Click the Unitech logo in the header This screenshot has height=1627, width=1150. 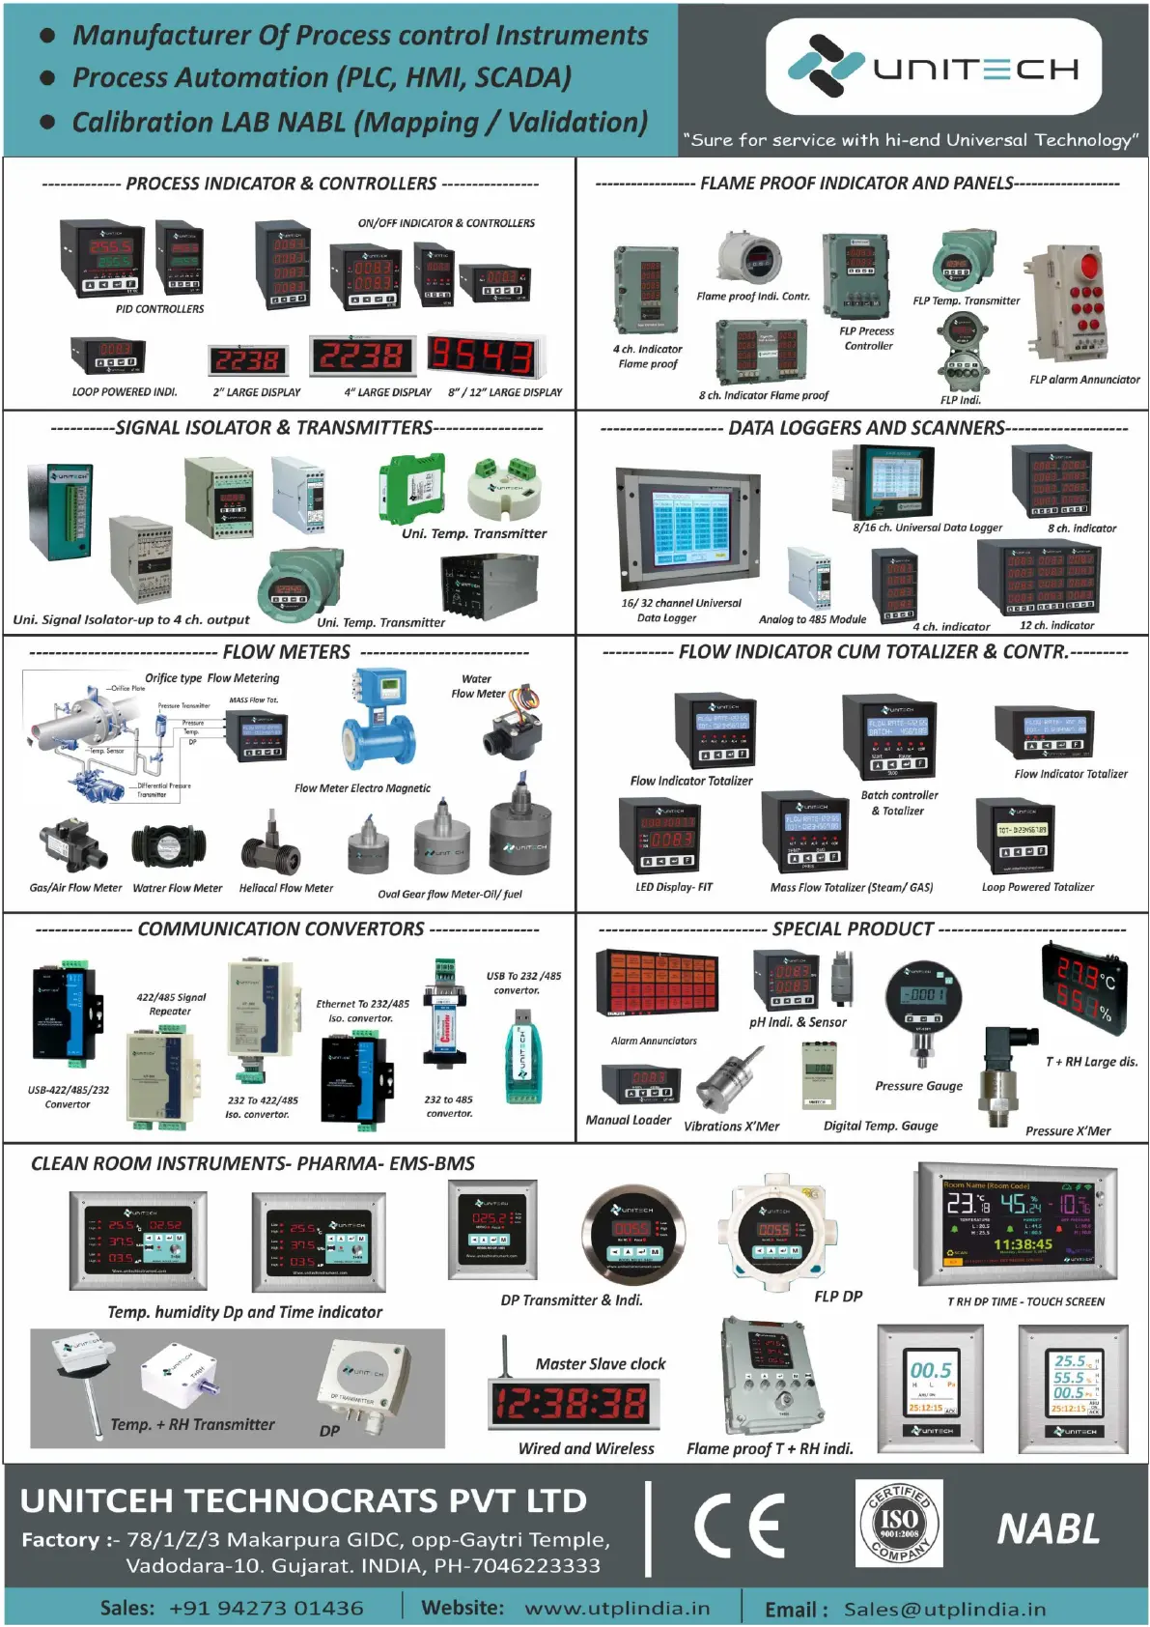click(933, 67)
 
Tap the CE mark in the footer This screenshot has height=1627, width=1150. click(739, 1526)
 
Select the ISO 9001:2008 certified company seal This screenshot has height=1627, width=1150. click(899, 1524)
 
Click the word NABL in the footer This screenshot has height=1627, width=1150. click(1048, 1529)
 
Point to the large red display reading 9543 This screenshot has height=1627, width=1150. click(480, 357)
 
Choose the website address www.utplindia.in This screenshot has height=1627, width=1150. click(617, 1608)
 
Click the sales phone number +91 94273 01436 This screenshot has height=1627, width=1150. click(266, 1608)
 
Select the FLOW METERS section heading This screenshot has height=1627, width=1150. click(287, 652)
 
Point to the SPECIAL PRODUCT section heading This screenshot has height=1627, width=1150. click(853, 928)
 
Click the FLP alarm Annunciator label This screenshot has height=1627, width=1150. click(1084, 380)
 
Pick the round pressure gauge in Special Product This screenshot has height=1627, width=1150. click(923, 998)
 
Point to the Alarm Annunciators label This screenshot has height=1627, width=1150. click(654, 1041)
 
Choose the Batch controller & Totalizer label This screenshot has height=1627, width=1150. click(899, 803)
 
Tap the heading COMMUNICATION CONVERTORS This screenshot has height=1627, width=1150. click(281, 928)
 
